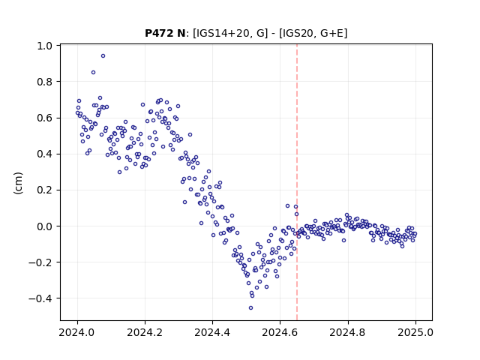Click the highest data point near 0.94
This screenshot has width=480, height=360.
click(x=103, y=56)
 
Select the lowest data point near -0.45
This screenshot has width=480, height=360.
click(x=250, y=308)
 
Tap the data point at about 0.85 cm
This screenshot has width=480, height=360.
click(x=93, y=73)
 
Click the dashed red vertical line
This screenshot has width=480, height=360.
click(x=297, y=182)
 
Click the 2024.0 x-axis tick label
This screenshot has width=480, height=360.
click(x=77, y=332)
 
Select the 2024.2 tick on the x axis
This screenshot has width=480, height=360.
click(x=145, y=332)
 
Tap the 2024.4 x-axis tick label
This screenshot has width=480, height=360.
click(x=212, y=332)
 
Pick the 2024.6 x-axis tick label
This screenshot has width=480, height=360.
click(x=280, y=332)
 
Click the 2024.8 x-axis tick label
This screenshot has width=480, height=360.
click(x=347, y=332)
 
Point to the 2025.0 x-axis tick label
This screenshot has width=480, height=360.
click(x=415, y=332)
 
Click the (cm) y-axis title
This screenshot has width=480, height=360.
click(x=18, y=183)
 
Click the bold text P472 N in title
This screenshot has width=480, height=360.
click(x=165, y=33)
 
